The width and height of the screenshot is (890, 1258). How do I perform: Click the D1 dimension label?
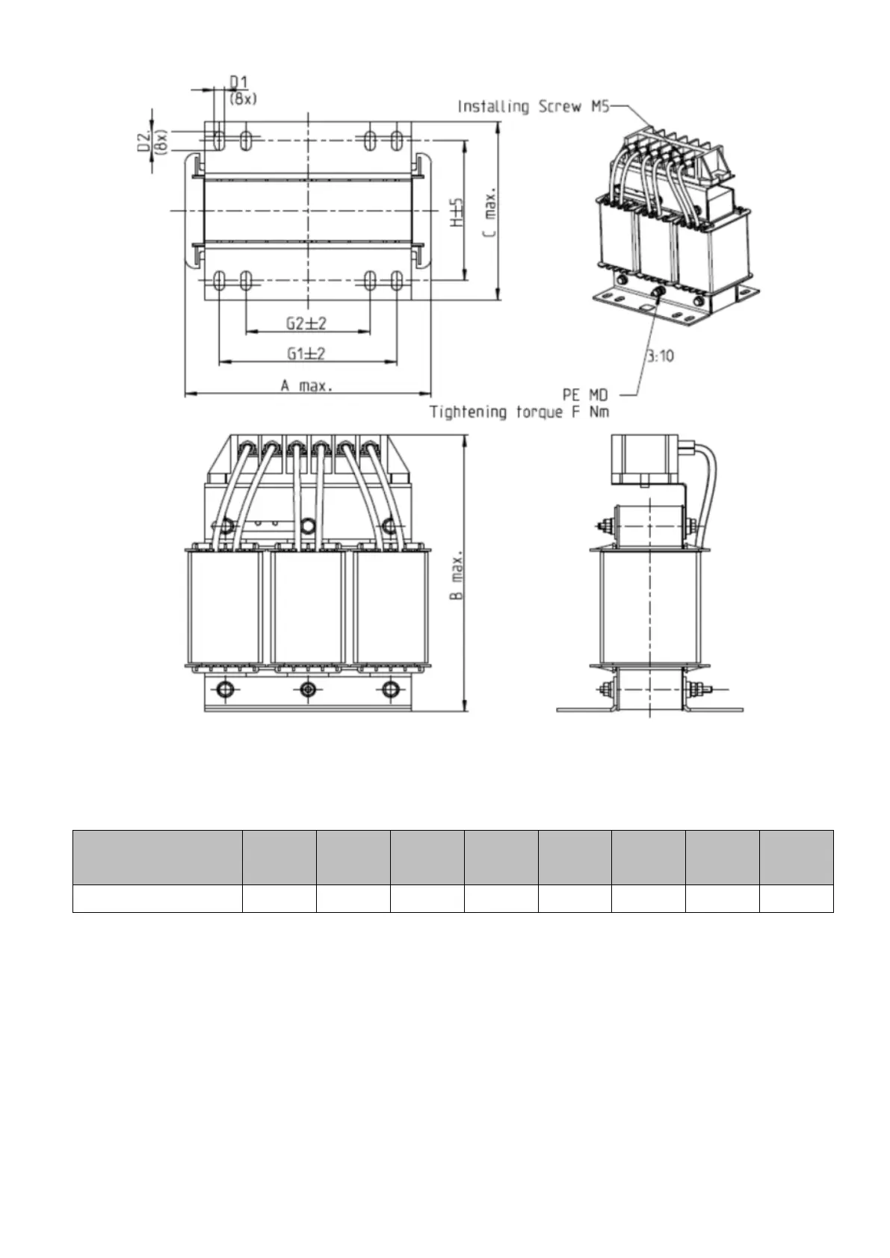(239, 82)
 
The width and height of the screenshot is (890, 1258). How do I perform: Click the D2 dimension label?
(144, 140)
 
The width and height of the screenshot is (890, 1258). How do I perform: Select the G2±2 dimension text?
(306, 323)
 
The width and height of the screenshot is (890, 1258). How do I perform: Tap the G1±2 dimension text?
(306, 354)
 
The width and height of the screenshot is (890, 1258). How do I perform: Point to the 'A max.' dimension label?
(307, 385)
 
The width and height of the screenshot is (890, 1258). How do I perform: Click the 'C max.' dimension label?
(490, 211)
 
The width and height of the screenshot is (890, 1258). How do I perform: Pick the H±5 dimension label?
(458, 212)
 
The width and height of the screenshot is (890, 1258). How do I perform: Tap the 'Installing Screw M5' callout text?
(534, 107)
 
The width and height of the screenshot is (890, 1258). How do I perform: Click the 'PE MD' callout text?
(585, 394)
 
